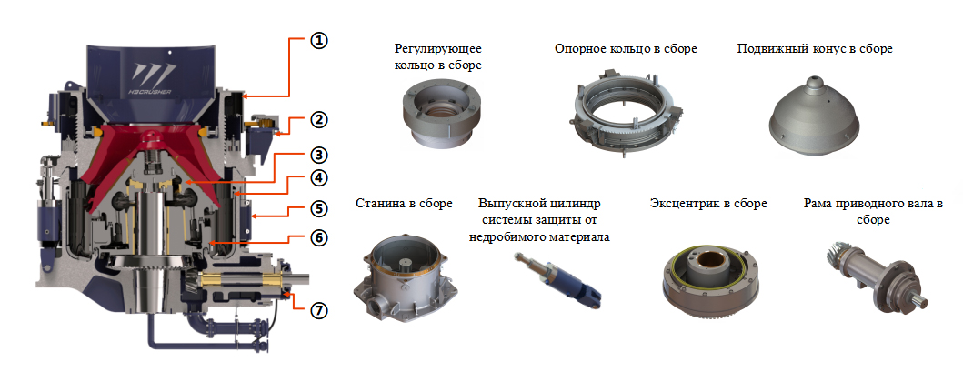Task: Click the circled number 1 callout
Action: tap(319, 42)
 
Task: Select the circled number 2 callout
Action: tap(319, 119)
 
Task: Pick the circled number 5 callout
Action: tap(319, 208)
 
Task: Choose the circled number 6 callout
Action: tap(319, 239)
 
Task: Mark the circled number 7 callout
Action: tap(319, 310)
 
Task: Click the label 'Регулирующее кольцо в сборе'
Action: tap(437, 56)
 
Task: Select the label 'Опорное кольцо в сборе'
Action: tap(626, 48)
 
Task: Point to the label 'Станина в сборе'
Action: tap(404, 203)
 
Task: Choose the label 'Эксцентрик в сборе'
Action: tap(707, 203)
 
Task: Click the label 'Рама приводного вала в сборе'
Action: tap(872, 211)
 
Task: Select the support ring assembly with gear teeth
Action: tap(627, 113)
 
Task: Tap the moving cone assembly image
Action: tap(816, 115)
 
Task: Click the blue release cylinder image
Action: tap(553, 278)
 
